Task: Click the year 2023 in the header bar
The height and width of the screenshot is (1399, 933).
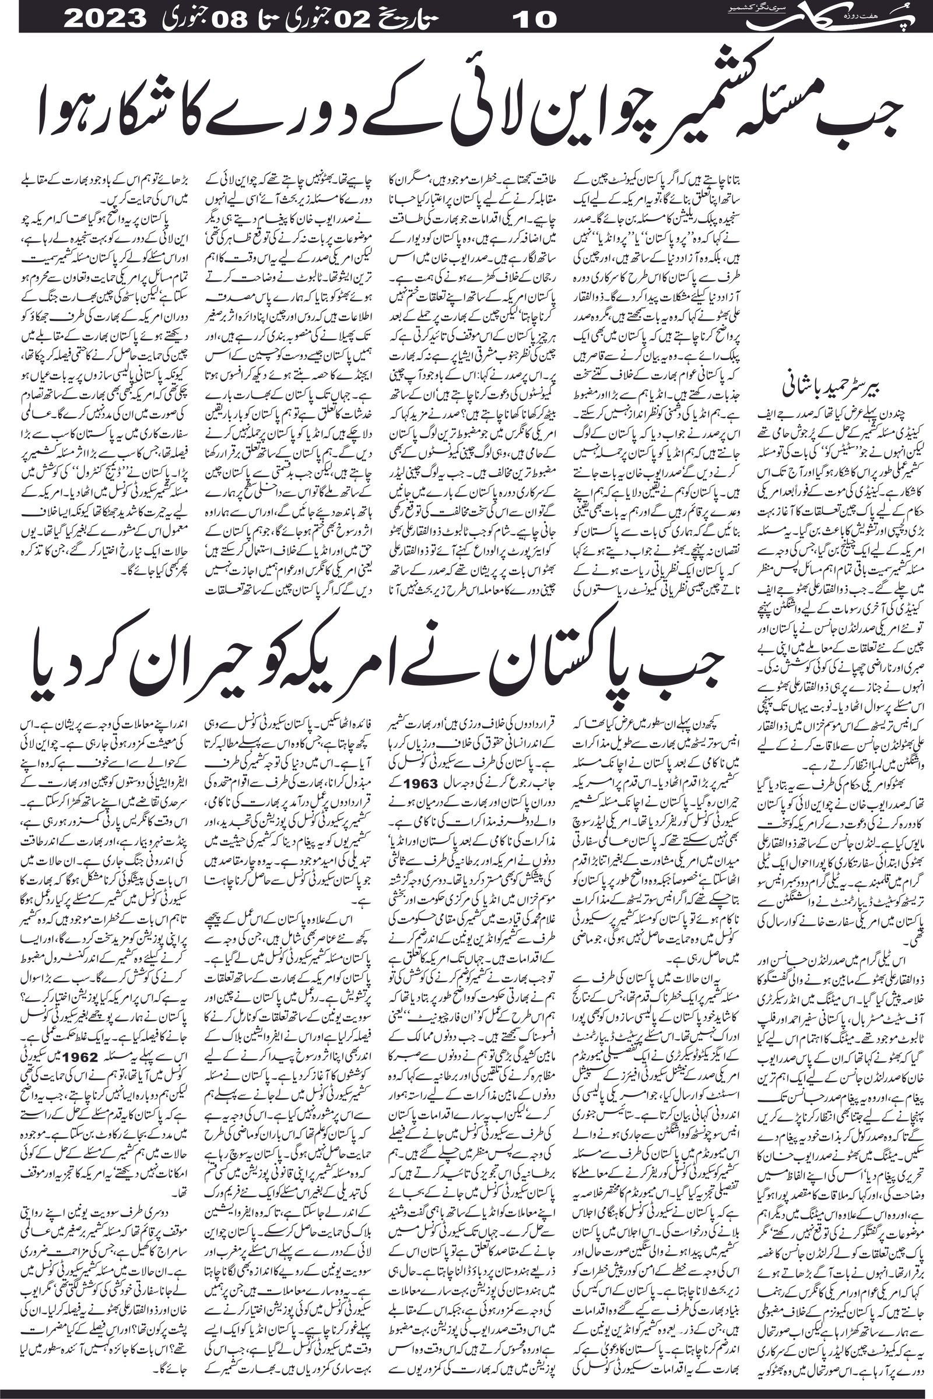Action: tap(108, 17)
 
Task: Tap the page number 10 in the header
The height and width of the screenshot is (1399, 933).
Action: tap(534, 17)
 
